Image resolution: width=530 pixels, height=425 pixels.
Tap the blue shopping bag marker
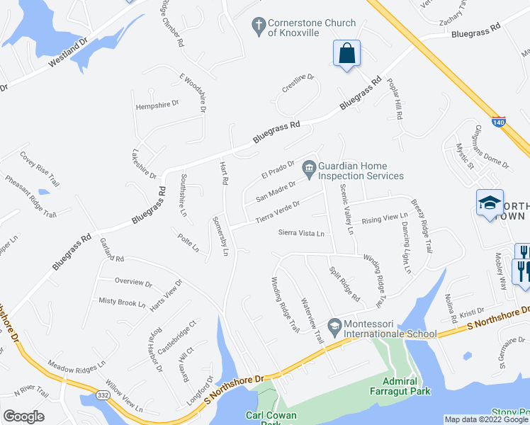[346, 53]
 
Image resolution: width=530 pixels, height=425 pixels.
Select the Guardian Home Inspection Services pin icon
[308, 168]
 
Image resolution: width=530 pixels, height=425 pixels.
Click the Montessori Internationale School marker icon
[334, 328]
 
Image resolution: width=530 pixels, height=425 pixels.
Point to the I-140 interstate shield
[499, 121]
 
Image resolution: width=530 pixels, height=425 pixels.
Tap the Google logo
[23, 416]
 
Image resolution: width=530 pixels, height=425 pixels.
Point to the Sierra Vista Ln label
[301, 232]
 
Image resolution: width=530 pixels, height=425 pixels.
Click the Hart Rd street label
[224, 174]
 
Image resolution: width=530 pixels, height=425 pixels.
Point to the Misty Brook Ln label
[122, 302]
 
